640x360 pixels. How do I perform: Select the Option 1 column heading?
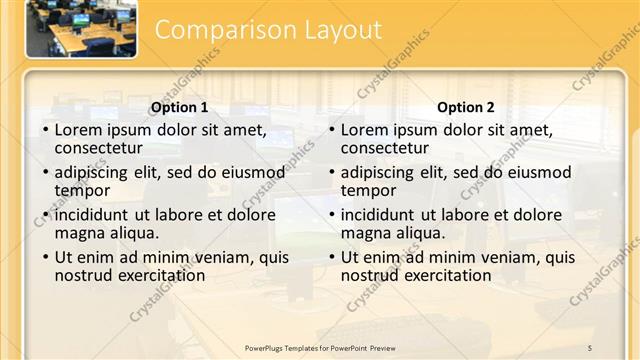pyautogui.click(x=179, y=108)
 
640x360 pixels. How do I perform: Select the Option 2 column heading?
pyautogui.click(x=466, y=108)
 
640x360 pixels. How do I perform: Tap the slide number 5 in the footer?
pyautogui.click(x=590, y=347)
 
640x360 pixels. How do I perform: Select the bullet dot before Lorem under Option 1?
pyautogui.click(x=46, y=131)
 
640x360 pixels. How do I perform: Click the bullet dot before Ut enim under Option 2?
pyautogui.click(x=332, y=257)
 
